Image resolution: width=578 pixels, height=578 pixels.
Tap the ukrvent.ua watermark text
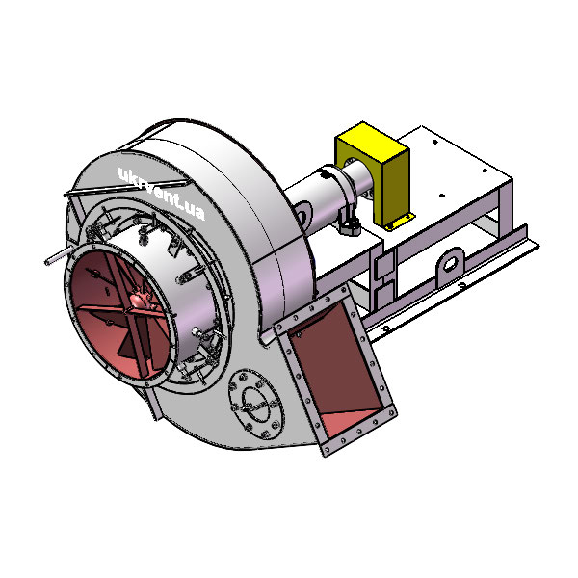click(x=161, y=193)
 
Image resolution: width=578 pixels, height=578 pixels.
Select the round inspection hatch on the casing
click(x=256, y=405)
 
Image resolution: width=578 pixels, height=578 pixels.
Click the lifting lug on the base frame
click(x=451, y=266)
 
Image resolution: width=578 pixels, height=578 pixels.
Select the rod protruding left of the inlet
click(x=59, y=256)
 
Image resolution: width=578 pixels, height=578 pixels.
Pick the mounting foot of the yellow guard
click(x=399, y=222)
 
